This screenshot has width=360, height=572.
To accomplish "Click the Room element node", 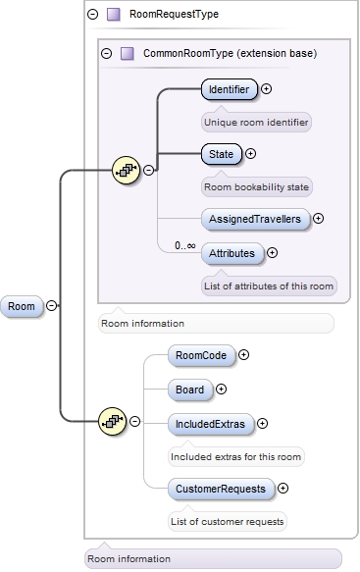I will [x=22, y=306].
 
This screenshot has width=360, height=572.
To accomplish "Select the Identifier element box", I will [x=229, y=90].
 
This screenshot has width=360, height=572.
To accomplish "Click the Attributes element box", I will [x=232, y=253].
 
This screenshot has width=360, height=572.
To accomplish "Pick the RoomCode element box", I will [x=200, y=355].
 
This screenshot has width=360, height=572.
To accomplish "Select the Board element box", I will [x=189, y=390].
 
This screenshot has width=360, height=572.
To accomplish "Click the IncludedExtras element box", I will [x=209, y=424].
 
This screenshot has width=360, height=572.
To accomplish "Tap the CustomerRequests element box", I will [x=220, y=487].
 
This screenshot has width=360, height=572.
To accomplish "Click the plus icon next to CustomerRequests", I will [x=283, y=487].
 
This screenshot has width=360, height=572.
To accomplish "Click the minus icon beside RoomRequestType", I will [x=93, y=15].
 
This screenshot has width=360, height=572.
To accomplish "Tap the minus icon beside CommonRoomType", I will [x=107, y=53].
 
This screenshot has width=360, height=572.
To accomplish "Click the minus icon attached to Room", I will [x=51, y=306].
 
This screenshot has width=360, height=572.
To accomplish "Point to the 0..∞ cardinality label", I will [x=184, y=245].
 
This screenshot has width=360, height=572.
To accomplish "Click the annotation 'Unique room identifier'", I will [x=255, y=123].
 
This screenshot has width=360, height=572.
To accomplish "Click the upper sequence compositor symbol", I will [x=128, y=170].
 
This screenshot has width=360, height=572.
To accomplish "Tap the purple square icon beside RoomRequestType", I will [x=114, y=15].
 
